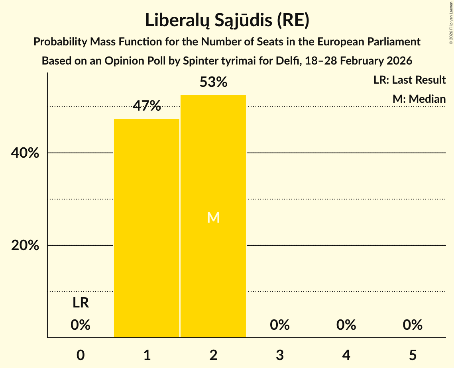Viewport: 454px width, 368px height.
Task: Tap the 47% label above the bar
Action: pos(147,106)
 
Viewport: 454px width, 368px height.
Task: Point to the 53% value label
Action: pos(213,82)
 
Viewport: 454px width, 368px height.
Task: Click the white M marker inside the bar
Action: pos(213,217)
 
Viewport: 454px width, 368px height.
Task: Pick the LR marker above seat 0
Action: pos(81,303)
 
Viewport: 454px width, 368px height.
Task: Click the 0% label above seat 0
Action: pos(81,325)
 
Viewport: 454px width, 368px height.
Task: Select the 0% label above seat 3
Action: pos(280,325)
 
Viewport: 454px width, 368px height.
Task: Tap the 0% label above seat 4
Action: pos(346,325)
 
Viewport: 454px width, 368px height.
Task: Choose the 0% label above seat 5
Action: pos(413,325)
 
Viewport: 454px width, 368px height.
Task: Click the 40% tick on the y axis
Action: pos(25,153)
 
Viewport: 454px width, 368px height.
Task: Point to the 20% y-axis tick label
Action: pos(25,245)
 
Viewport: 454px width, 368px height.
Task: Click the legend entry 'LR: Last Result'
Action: pos(409,80)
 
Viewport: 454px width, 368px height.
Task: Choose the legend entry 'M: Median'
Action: pos(419,99)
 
